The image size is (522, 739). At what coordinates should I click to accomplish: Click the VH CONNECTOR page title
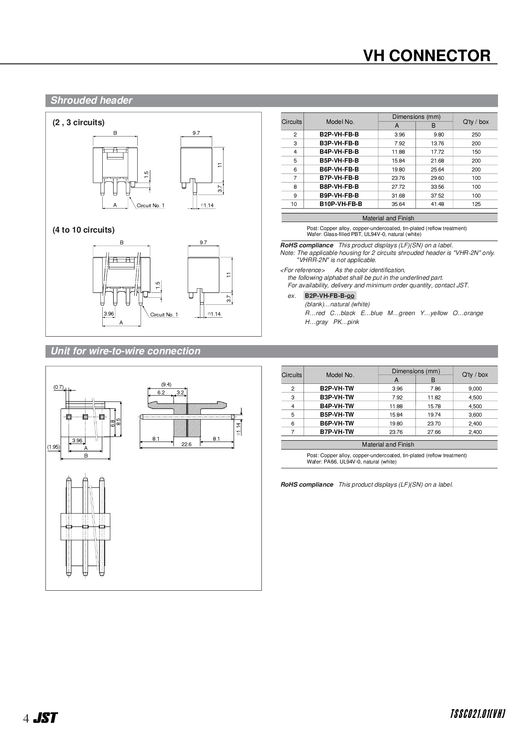click(426, 56)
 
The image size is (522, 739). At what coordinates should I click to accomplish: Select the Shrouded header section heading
click(91, 100)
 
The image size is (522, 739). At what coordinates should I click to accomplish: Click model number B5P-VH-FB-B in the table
click(339, 161)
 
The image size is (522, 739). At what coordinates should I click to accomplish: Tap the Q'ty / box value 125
click(476, 204)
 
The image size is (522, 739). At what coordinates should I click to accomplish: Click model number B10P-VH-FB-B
click(340, 204)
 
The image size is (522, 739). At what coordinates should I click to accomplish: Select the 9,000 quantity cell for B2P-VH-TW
click(475, 389)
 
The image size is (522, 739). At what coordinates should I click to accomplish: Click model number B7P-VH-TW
click(337, 432)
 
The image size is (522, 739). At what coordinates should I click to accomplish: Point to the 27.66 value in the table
click(434, 432)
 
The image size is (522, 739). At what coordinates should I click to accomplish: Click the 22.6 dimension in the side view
click(186, 444)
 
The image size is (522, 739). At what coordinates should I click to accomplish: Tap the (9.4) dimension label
click(166, 385)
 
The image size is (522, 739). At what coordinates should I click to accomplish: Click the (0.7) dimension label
click(59, 387)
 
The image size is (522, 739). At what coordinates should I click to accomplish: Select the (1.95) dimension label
click(53, 447)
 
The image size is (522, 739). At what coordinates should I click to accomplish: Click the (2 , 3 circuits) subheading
click(78, 123)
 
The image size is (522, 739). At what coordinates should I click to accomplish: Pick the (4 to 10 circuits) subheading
click(83, 230)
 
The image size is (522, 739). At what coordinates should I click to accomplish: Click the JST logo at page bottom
click(45, 718)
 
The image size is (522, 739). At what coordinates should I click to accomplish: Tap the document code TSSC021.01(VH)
click(478, 714)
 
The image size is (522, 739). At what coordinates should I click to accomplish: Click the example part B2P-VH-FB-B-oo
click(330, 296)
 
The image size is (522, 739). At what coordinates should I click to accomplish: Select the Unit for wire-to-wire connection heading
click(125, 351)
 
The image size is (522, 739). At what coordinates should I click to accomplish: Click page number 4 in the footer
click(26, 718)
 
